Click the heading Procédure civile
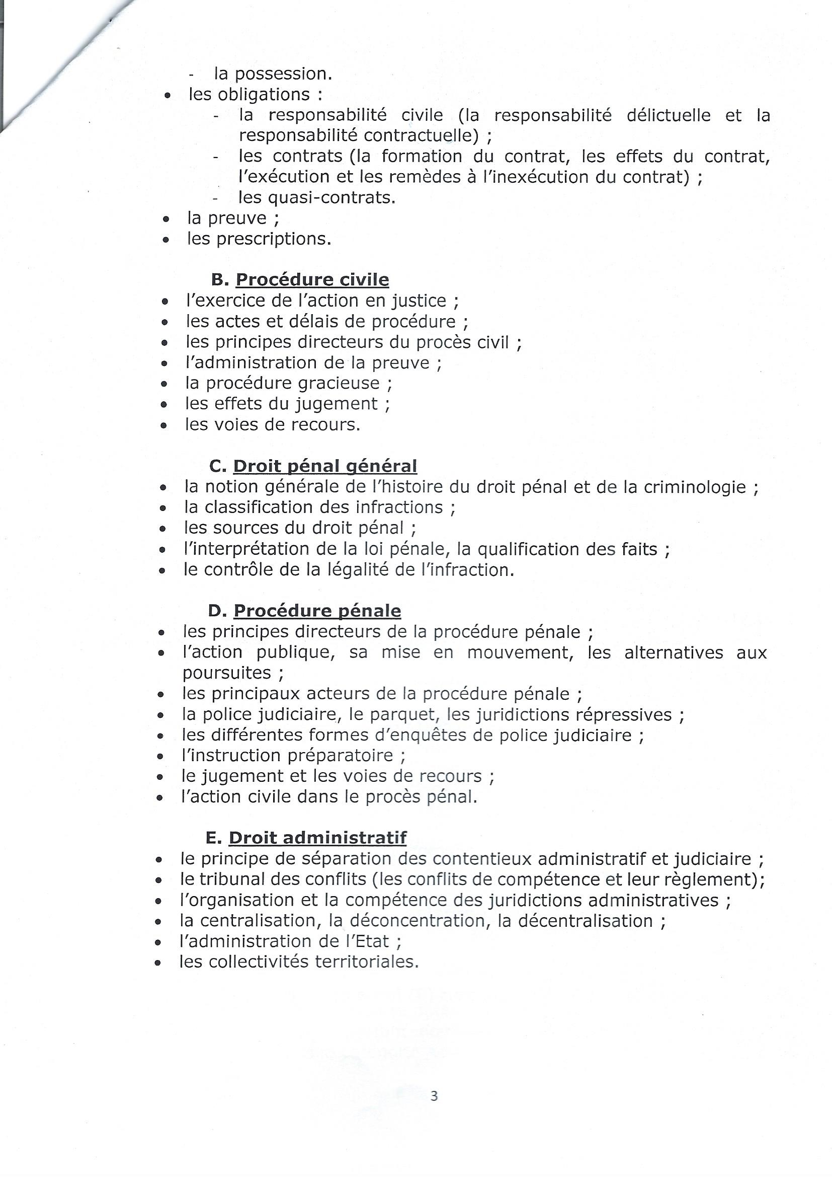point(312,280)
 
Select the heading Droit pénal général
point(325,466)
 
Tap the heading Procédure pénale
point(317,611)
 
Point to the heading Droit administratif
point(317,838)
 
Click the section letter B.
point(218,280)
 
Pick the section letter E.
point(213,838)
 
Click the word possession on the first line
point(283,75)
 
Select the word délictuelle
point(669,115)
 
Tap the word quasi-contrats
point(316,197)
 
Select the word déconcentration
point(418,921)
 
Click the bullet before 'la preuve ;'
point(165,219)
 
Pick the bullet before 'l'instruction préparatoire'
point(161,757)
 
